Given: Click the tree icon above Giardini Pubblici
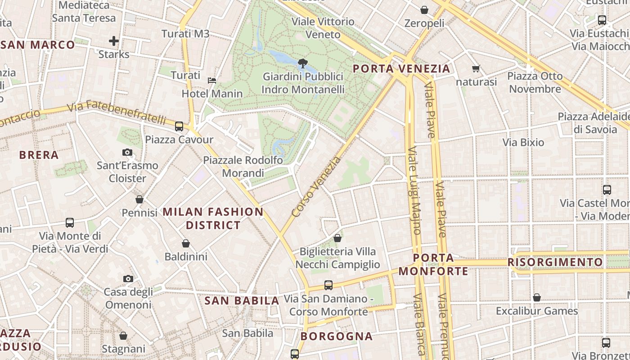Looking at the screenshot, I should click(302, 63).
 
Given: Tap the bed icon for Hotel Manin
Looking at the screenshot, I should click(212, 81).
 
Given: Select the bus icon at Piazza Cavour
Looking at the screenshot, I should click(179, 126).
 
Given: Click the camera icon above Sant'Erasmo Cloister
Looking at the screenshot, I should click(127, 153).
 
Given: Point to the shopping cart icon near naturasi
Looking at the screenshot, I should click(476, 69).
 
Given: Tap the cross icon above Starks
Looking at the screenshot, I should click(114, 41).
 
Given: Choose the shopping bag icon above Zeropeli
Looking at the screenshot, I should click(424, 10).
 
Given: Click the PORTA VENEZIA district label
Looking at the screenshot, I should click(401, 69).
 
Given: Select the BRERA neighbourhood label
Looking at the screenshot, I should click(39, 155).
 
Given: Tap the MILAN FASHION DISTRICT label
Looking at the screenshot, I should click(213, 218).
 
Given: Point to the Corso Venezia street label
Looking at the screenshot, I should click(316, 187).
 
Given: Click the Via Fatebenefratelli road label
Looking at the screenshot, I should click(117, 112).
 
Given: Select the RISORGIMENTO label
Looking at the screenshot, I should click(555, 262).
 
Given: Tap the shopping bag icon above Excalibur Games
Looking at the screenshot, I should click(536, 297).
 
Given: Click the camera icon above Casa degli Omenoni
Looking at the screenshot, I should click(128, 279).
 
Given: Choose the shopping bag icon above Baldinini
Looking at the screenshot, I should click(185, 244).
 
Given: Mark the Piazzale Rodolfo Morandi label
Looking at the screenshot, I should click(243, 166).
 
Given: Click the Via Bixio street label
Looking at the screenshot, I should click(523, 143).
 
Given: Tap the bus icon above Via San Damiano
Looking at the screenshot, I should click(328, 285).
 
